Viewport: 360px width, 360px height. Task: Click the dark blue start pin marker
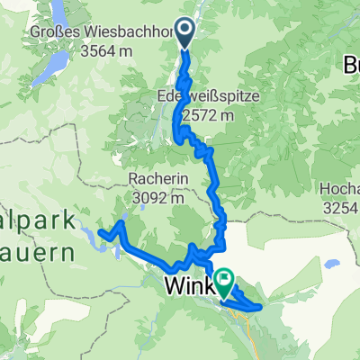(183, 31)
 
